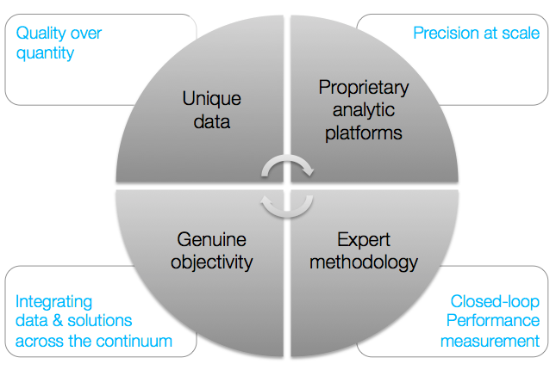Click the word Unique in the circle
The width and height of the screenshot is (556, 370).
click(x=212, y=98)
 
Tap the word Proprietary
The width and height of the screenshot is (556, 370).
click(x=364, y=88)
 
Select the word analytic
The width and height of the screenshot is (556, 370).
click(x=364, y=110)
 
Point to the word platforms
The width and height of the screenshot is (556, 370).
click(x=364, y=133)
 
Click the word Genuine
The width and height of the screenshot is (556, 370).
click(x=212, y=239)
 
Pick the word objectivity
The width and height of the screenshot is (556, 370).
click(x=212, y=262)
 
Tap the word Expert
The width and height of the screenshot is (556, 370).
click(x=364, y=240)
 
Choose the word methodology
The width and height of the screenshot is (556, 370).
click(x=364, y=262)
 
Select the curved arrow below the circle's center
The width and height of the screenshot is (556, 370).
click(x=287, y=214)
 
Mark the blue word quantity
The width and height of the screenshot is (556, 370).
click(x=45, y=53)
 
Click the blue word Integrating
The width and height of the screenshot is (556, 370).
click(x=54, y=302)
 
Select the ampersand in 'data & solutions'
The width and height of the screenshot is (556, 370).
click(x=58, y=320)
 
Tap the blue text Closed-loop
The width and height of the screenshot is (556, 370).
click(x=495, y=301)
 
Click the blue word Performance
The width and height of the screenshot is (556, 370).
click(x=493, y=320)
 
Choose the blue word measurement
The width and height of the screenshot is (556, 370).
click(x=490, y=341)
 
